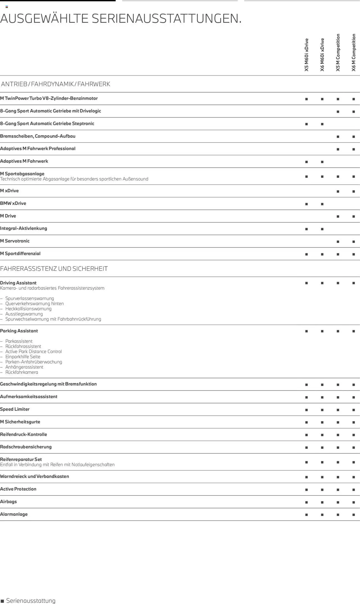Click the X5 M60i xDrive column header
tap(307, 55)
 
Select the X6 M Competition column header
tap(354, 53)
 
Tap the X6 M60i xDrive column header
tap(322, 55)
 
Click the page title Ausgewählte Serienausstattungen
tap(121, 19)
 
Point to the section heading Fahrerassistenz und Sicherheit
tap(54, 269)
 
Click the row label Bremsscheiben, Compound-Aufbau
tap(38, 136)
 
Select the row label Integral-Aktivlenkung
tap(24, 228)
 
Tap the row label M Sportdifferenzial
tap(20, 253)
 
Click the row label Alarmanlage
tap(14, 514)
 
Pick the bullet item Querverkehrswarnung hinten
tap(34, 303)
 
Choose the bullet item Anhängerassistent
tap(24, 367)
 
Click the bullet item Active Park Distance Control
tap(33, 351)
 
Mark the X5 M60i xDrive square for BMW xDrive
tap(307, 204)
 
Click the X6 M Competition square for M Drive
tap(354, 217)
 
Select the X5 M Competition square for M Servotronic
tap(338, 242)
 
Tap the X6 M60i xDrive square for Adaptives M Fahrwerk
tap(322, 162)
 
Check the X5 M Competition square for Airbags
tap(338, 502)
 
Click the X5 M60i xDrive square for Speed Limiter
tap(307, 410)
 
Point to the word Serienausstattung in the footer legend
tap(31, 601)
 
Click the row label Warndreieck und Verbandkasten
tap(34, 476)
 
